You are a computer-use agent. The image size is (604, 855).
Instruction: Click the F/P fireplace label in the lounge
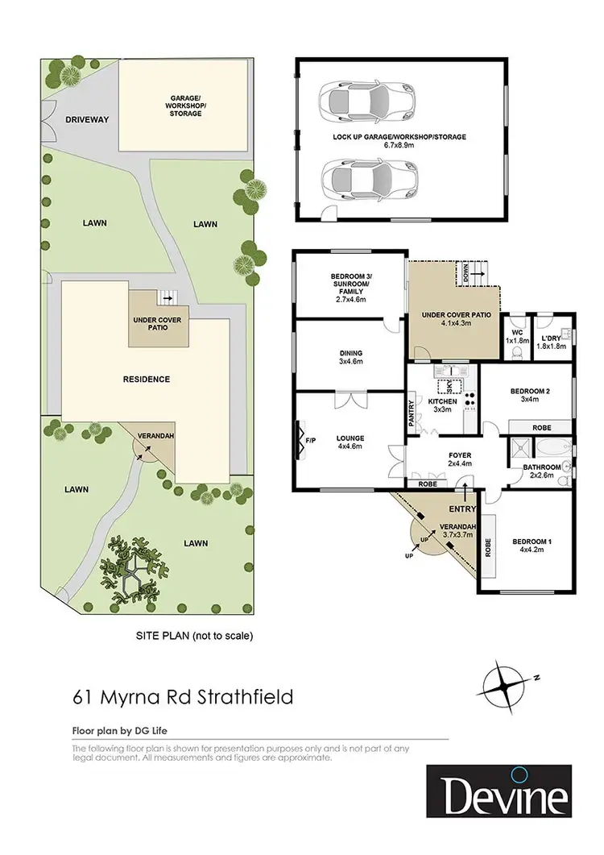(311, 441)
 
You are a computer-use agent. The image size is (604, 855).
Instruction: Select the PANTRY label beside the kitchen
(412, 413)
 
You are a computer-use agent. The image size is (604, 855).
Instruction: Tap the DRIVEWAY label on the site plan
(88, 119)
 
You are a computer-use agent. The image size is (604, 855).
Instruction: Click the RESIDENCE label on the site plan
(146, 379)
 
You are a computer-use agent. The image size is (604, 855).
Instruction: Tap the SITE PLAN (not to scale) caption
(193, 636)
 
